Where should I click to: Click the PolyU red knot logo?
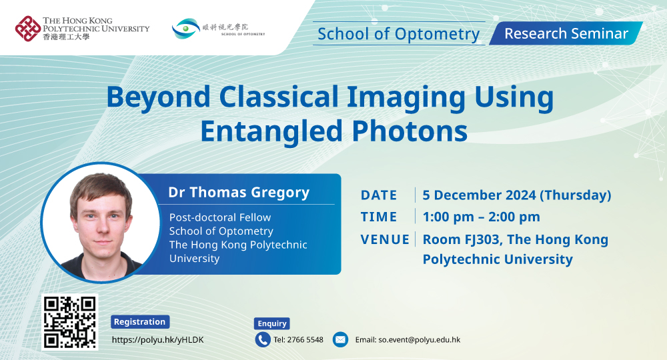point(27,29)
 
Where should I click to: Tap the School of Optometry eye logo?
point(186,29)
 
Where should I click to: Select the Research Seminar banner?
point(566,33)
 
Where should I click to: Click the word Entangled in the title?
point(271,131)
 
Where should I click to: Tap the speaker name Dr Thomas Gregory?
point(239,193)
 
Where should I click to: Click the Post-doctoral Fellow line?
point(220,217)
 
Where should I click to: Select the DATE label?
point(379,195)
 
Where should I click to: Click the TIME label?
point(379,217)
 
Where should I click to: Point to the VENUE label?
point(385,240)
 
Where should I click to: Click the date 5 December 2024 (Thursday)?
point(517,195)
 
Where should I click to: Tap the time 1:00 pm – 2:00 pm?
point(481,217)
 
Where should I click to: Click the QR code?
point(70,322)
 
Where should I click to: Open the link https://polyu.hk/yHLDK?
point(158,340)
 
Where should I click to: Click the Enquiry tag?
point(272,323)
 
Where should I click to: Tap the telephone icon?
point(263,339)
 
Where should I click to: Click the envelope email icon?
point(340,339)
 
